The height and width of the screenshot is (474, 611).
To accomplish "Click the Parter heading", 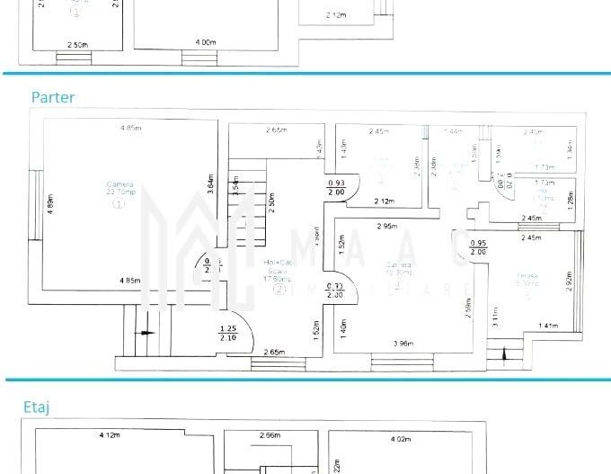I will click(x=53, y=97).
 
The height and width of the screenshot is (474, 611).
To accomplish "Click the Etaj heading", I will click(x=37, y=407).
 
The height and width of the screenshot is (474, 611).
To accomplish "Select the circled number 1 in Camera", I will click(x=119, y=204).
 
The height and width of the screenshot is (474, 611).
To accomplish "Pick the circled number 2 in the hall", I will click(x=279, y=290).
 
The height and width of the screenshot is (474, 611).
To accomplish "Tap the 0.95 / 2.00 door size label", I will click(x=478, y=247).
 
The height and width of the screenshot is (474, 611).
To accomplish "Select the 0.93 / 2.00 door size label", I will click(x=336, y=187).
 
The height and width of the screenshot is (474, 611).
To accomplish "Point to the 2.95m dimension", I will click(x=388, y=226).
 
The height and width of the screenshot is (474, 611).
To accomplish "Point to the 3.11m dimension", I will click(x=496, y=317).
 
